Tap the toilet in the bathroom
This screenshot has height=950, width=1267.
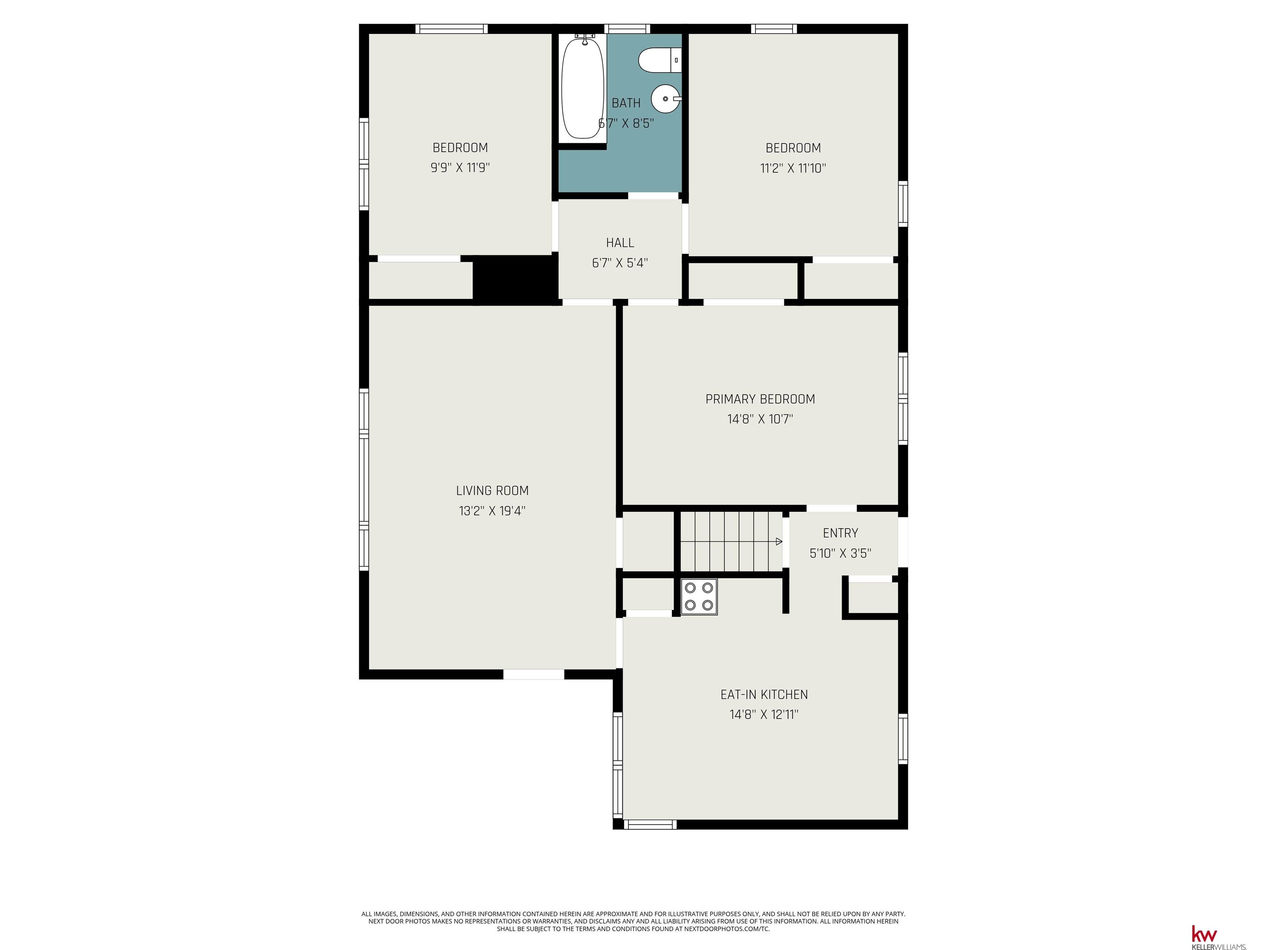pos(660,60)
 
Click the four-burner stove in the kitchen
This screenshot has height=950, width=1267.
pos(699,597)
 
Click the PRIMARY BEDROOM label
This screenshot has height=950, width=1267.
pos(760,399)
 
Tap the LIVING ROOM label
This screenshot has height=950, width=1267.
pos(492,491)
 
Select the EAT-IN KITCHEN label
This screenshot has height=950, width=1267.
pos(764,695)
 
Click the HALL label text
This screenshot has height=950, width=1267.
pos(620,243)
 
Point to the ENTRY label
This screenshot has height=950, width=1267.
pos(840,533)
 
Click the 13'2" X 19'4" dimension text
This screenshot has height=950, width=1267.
pos(492,511)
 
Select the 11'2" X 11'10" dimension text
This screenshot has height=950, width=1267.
pos(793,168)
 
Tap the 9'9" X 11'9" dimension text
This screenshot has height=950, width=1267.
pos(460,168)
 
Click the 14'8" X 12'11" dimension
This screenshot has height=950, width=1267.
pos(764,715)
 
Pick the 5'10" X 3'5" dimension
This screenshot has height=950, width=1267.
pos(840,553)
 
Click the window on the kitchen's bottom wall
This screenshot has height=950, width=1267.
pos(650,825)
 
